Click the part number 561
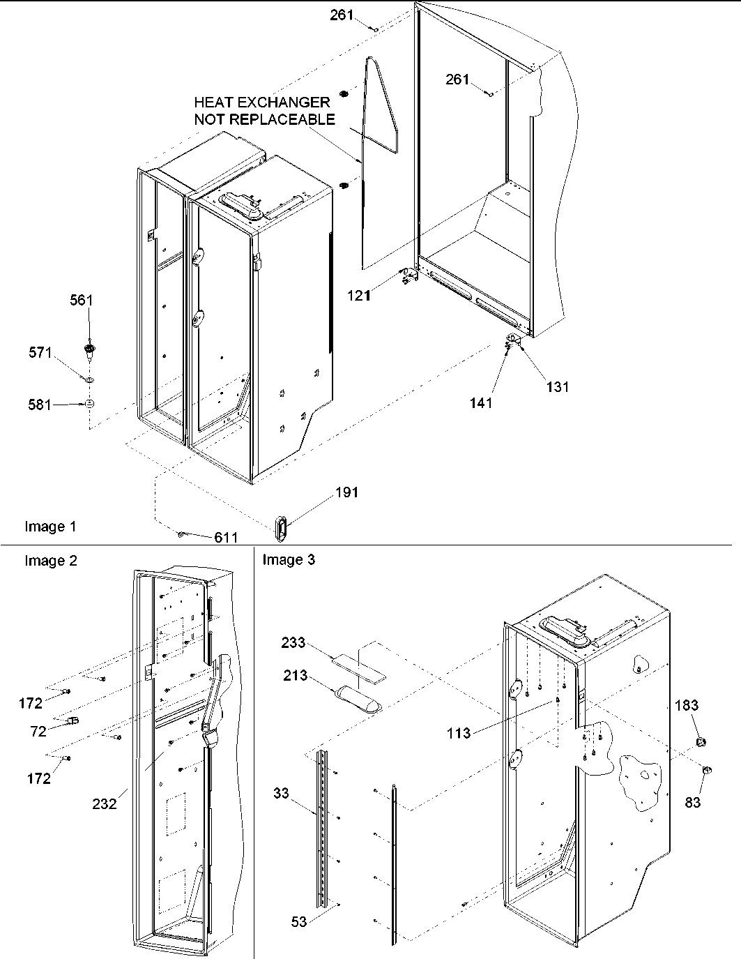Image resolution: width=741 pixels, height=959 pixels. (x=81, y=300)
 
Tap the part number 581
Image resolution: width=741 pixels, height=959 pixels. (x=40, y=404)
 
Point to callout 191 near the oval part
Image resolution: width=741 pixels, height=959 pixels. (x=346, y=492)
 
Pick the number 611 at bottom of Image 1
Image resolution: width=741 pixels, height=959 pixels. (x=226, y=537)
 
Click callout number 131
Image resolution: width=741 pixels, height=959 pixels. (x=558, y=386)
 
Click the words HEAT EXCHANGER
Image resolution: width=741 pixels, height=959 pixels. (x=261, y=103)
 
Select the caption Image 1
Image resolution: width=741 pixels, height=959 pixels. (x=50, y=527)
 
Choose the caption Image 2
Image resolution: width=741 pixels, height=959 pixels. (x=50, y=560)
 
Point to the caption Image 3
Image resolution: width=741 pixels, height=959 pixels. (x=289, y=559)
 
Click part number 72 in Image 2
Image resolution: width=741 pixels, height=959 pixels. (x=38, y=731)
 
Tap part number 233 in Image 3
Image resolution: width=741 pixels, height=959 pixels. (x=293, y=642)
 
